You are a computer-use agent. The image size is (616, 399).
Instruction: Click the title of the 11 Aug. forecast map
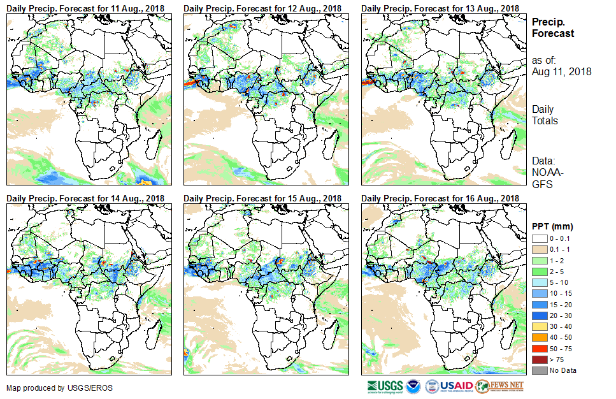coord(85,8)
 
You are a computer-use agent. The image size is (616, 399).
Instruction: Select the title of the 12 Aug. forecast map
coord(262,8)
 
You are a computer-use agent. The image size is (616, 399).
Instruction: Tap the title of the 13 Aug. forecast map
coord(440,8)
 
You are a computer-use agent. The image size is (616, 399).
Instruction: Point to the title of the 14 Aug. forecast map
coord(85,199)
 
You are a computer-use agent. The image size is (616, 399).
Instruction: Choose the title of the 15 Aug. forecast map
coord(262,199)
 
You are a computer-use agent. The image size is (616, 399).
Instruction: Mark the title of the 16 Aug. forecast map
coord(440,199)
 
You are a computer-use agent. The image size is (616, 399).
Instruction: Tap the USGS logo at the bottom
coord(385,386)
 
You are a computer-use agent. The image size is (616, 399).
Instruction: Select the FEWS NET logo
coord(500,386)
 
